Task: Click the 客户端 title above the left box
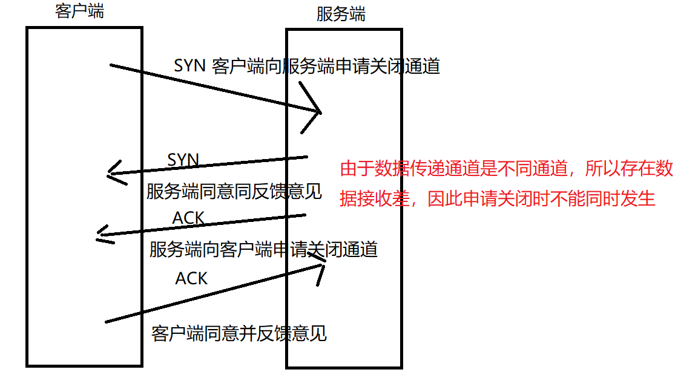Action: click(x=79, y=11)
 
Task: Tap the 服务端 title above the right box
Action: click(x=341, y=15)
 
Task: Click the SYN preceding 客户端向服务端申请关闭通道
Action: click(x=190, y=66)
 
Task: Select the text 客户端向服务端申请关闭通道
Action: click(x=326, y=66)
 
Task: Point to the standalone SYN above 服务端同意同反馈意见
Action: click(x=183, y=160)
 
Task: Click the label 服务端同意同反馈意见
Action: click(x=234, y=192)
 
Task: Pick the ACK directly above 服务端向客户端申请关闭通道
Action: click(x=188, y=218)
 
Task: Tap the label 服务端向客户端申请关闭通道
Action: click(x=263, y=249)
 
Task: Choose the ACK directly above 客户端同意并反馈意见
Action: click(x=191, y=278)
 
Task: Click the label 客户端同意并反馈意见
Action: click(x=239, y=333)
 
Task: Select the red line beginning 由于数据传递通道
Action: click(x=506, y=169)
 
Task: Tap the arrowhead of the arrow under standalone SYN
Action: click(x=109, y=175)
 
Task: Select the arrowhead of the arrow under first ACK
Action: click(x=100, y=236)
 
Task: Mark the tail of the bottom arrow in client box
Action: click(x=107, y=321)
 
